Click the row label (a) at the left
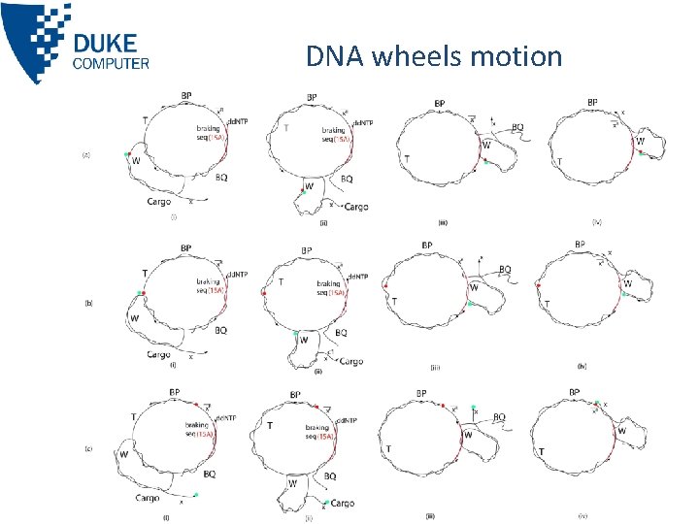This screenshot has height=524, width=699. [x=86, y=154]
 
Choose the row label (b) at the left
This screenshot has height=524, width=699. [x=88, y=303]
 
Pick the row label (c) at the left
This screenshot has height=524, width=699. [x=88, y=449]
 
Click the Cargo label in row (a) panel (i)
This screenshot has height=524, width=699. [x=159, y=203]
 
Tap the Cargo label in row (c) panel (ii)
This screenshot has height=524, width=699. [x=341, y=504]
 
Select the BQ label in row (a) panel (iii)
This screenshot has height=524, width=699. [x=517, y=127]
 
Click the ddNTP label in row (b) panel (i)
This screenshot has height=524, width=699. [x=238, y=275]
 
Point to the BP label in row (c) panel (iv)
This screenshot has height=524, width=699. [x=575, y=392]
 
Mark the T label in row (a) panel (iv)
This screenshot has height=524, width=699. [x=560, y=161]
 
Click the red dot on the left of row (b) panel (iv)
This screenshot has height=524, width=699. [x=537, y=285]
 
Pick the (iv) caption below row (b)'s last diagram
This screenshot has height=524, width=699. [x=581, y=366]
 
